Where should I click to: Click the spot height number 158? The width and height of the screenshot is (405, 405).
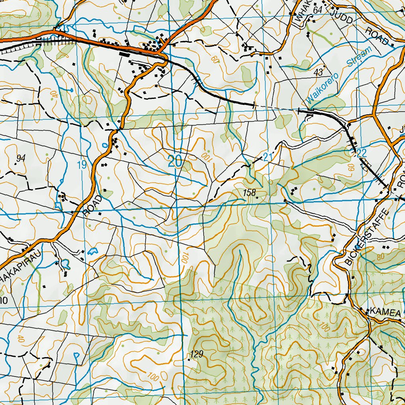point(250,193)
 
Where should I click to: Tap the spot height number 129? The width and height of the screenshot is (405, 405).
point(197,354)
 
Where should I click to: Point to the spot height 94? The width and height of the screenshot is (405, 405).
point(21,159)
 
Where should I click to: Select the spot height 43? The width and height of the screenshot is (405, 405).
point(318,72)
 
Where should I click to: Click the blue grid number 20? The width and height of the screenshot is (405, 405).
point(175,161)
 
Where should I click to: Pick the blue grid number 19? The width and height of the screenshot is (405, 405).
point(81,165)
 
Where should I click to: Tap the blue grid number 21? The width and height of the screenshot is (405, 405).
point(268,157)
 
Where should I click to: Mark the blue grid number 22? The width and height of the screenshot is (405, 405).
point(361,153)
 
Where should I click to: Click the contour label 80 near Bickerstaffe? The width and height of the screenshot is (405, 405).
point(380,257)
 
